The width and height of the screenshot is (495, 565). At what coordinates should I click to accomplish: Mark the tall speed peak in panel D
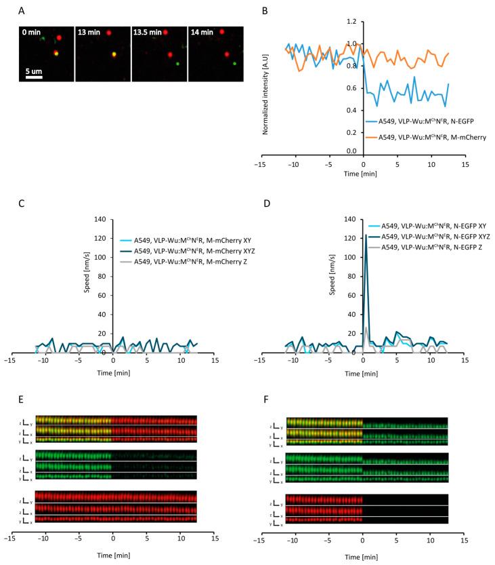click(x=366, y=235)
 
